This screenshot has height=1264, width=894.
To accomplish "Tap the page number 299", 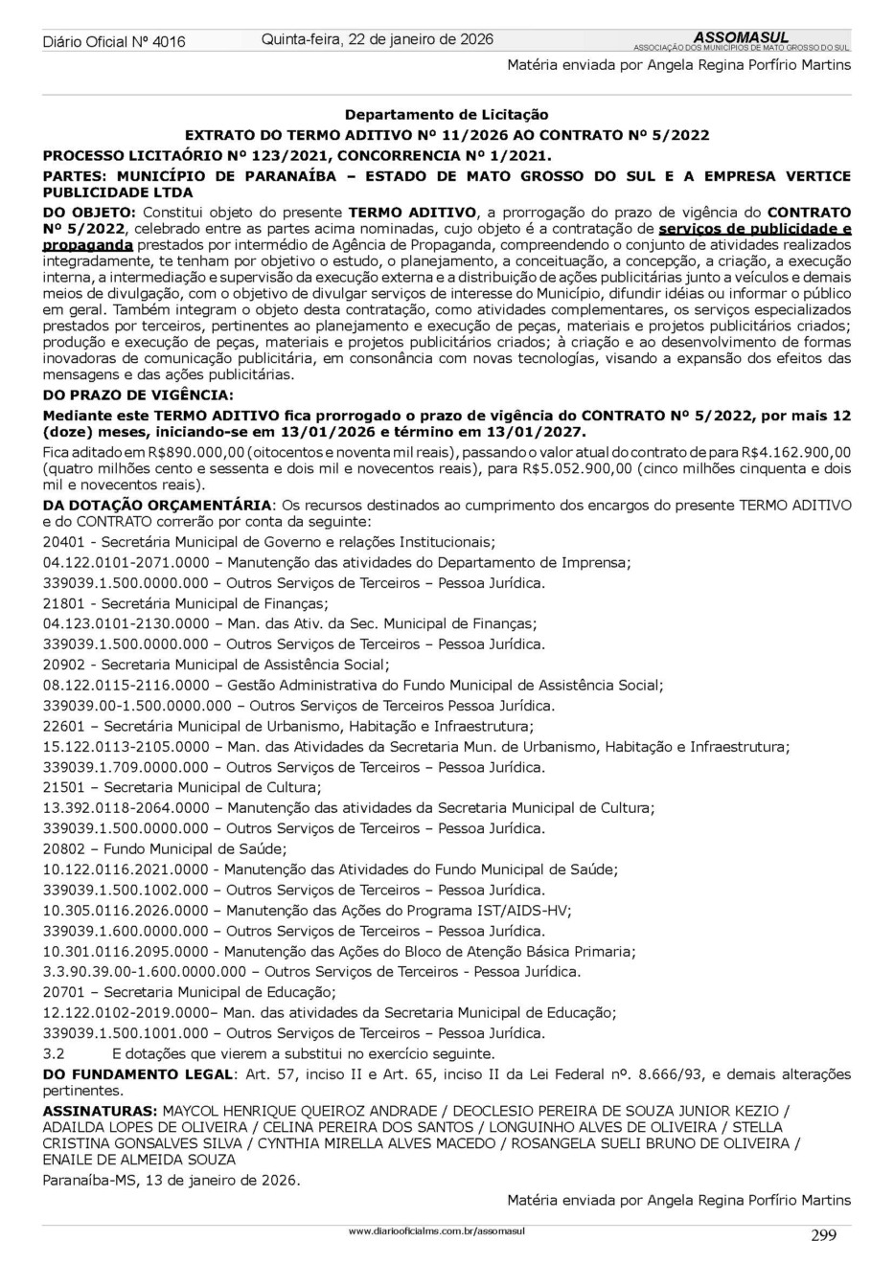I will point(823,1234).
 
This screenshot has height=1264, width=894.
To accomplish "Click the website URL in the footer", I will point(439,1230).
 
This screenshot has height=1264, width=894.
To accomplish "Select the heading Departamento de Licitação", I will point(447,114).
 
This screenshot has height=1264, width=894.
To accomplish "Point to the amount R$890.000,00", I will point(169,451).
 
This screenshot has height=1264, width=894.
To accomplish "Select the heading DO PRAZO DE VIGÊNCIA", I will point(138,395).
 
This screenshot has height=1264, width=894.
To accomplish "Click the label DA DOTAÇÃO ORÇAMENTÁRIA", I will point(158,505).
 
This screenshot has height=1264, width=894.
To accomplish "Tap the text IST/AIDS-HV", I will point(526,911).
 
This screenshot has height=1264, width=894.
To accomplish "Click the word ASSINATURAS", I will point(101,1111).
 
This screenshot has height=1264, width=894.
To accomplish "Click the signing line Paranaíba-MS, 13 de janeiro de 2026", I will point(172,1180).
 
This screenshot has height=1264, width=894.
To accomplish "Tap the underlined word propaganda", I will point(88,245).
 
